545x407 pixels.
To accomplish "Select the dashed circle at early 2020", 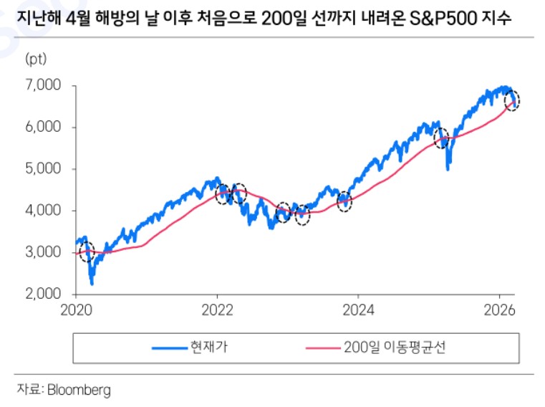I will click(x=87, y=253).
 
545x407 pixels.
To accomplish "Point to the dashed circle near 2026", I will click(x=512, y=101).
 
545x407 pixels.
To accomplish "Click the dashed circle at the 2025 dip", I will click(x=442, y=137).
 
